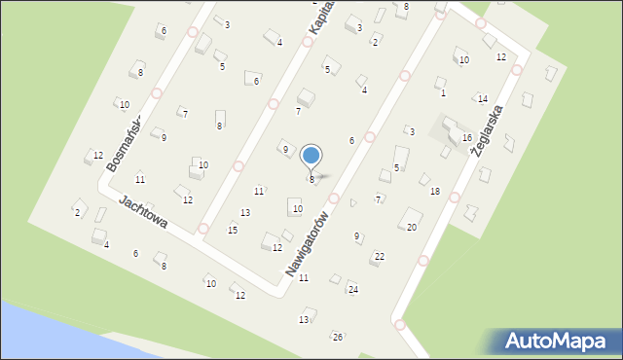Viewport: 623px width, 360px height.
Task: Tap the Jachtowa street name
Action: click(x=143, y=211)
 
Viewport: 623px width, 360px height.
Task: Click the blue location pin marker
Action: click(x=311, y=156)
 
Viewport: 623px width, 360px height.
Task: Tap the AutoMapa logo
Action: click(x=554, y=341)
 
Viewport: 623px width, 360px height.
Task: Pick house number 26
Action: click(x=338, y=337)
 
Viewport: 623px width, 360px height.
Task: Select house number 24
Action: click(x=353, y=290)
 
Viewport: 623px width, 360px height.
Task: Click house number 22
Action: click(x=380, y=256)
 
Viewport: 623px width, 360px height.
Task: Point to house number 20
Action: click(x=412, y=227)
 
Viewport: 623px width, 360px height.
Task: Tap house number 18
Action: click(x=435, y=191)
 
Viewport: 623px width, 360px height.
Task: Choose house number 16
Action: click(x=467, y=138)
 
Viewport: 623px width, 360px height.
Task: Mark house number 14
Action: click(x=482, y=99)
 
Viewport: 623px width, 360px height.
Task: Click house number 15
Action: click(x=233, y=230)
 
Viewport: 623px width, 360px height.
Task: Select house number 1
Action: click(x=443, y=93)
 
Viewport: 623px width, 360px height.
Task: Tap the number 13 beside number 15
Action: click(x=245, y=212)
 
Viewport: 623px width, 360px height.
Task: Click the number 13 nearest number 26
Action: click(x=305, y=319)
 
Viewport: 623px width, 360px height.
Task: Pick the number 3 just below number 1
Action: click(x=412, y=131)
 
